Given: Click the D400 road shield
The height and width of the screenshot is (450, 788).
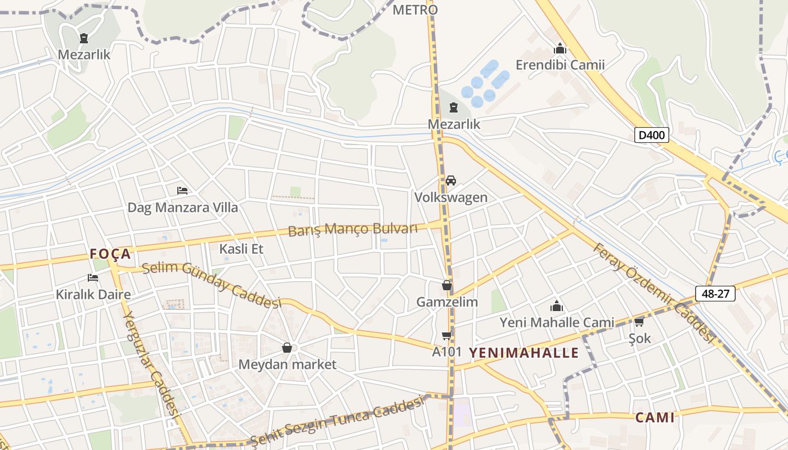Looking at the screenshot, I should [652, 135].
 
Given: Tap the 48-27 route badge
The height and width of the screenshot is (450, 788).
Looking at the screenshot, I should [715, 294].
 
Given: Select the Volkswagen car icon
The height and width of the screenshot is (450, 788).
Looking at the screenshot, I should [450, 181].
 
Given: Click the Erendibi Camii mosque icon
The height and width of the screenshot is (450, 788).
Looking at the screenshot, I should [559, 48].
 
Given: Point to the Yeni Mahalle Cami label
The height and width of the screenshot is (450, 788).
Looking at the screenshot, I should [557, 322].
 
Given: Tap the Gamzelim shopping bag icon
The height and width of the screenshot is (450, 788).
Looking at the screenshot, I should [447, 285].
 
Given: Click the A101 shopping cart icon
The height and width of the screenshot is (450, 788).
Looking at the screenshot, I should [446, 336].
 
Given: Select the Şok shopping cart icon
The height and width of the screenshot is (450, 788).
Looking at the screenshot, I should [639, 322].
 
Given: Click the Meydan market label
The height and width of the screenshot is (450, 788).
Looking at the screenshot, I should [287, 364].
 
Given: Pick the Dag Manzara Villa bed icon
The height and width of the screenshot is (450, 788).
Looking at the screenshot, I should [182, 191].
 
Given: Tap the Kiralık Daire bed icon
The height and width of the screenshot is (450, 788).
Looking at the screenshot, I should [93, 277].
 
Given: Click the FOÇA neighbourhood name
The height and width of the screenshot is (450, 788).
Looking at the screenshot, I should [110, 254].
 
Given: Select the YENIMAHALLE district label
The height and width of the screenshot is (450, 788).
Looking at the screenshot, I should [523, 353].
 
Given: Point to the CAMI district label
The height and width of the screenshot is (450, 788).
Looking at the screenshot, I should [655, 417].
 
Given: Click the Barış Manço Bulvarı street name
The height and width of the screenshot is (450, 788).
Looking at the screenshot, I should [353, 229].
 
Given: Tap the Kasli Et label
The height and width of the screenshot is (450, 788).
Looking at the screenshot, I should [241, 249].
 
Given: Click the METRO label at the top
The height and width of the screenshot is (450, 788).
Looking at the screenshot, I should [415, 10].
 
